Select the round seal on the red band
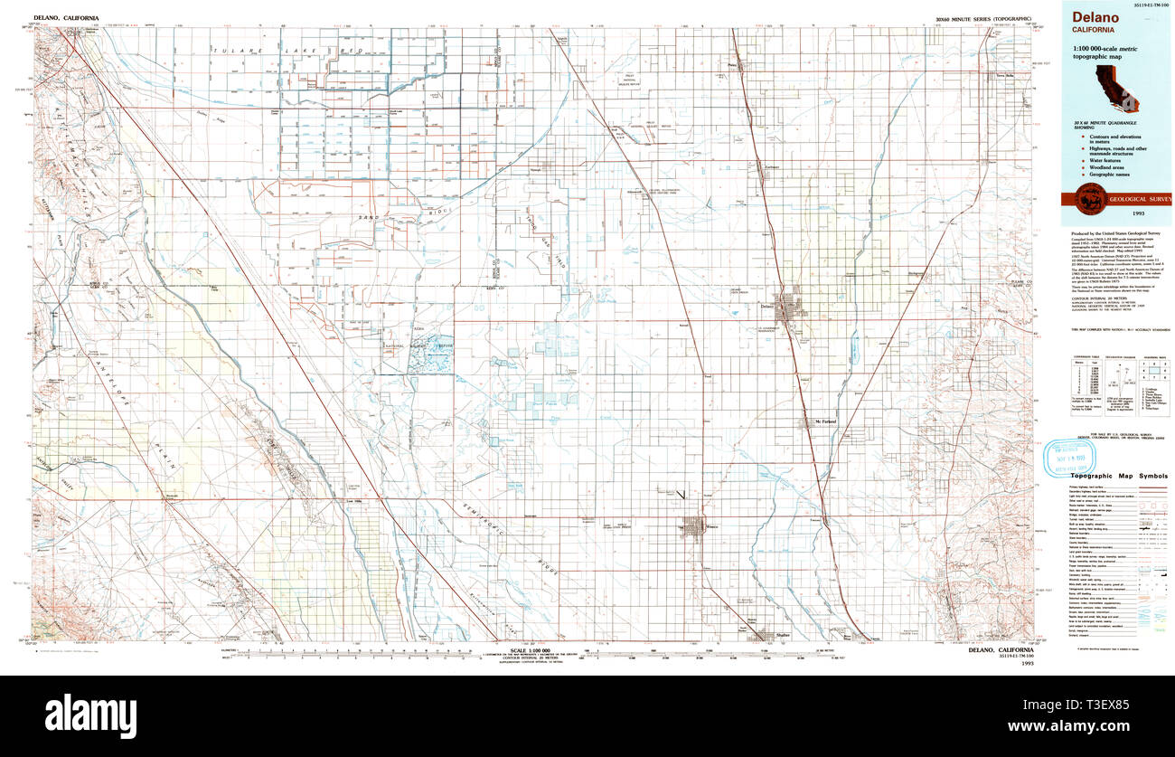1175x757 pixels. [1078, 199]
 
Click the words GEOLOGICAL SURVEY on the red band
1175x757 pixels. [1133, 199]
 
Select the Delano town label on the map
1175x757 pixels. [768, 307]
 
